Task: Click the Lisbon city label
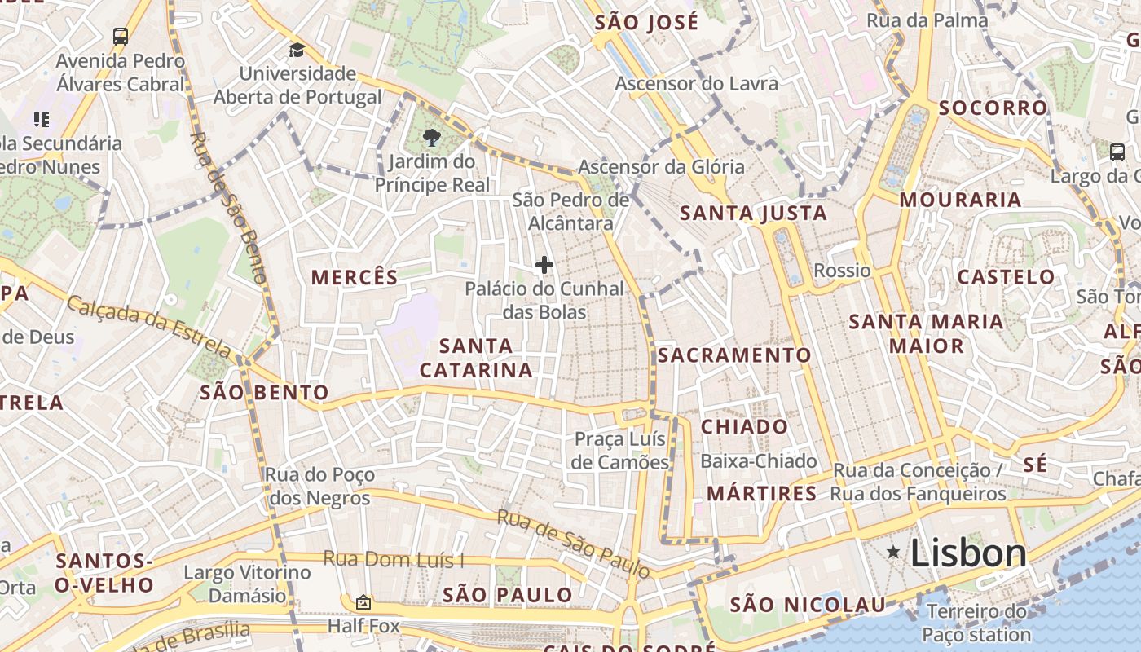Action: (x=968, y=553)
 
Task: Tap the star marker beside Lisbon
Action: (x=894, y=553)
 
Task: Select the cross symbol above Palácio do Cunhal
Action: (x=544, y=265)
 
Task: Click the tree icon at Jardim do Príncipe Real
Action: (x=432, y=138)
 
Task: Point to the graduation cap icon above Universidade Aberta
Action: (x=297, y=51)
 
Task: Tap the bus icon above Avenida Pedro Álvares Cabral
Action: (x=121, y=36)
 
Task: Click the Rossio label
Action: (x=843, y=271)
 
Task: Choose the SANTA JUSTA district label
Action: (x=753, y=214)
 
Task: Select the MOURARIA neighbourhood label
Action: (x=960, y=200)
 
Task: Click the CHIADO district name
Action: (x=744, y=427)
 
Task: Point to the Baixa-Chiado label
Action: (x=758, y=461)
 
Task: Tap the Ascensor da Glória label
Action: (x=661, y=167)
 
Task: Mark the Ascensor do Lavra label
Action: (x=696, y=83)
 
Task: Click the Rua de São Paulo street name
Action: (x=575, y=544)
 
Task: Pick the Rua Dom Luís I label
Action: (x=394, y=559)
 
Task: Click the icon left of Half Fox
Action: (x=363, y=603)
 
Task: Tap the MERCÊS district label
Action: (x=355, y=277)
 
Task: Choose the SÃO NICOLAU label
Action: (x=807, y=605)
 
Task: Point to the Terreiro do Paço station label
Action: (x=976, y=623)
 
